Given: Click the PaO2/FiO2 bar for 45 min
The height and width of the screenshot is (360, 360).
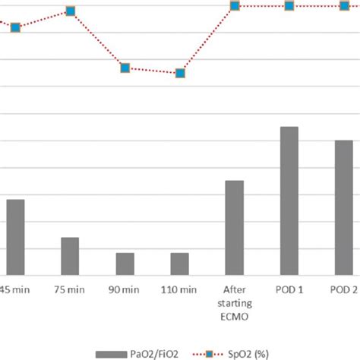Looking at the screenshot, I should tap(15, 236).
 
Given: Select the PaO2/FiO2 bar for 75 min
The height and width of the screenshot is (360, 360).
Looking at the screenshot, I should tap(70, 255).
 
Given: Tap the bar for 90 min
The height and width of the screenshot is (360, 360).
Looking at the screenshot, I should tap(125, 263).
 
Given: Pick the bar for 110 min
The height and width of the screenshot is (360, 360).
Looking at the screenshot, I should tap(180, 263).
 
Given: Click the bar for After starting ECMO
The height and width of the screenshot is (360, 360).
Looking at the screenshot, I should tap(235, 227).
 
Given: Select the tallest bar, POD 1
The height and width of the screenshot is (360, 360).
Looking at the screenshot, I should tap(289, 201).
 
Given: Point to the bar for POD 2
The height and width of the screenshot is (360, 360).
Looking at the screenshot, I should tap(343, 207).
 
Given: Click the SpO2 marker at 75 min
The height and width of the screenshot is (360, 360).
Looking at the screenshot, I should tap(70, 11).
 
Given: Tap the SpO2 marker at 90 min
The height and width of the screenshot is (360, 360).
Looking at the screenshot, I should tap(125, 68).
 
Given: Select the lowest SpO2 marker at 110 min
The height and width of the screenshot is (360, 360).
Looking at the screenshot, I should tap(180, 74).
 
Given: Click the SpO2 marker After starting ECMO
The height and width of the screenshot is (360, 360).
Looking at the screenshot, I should tap(235, 6).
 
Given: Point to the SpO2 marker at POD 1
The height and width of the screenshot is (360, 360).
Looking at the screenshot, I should tap(289, 6).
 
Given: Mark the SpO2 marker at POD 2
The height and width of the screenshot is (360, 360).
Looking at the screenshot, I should tap(343, 6).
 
